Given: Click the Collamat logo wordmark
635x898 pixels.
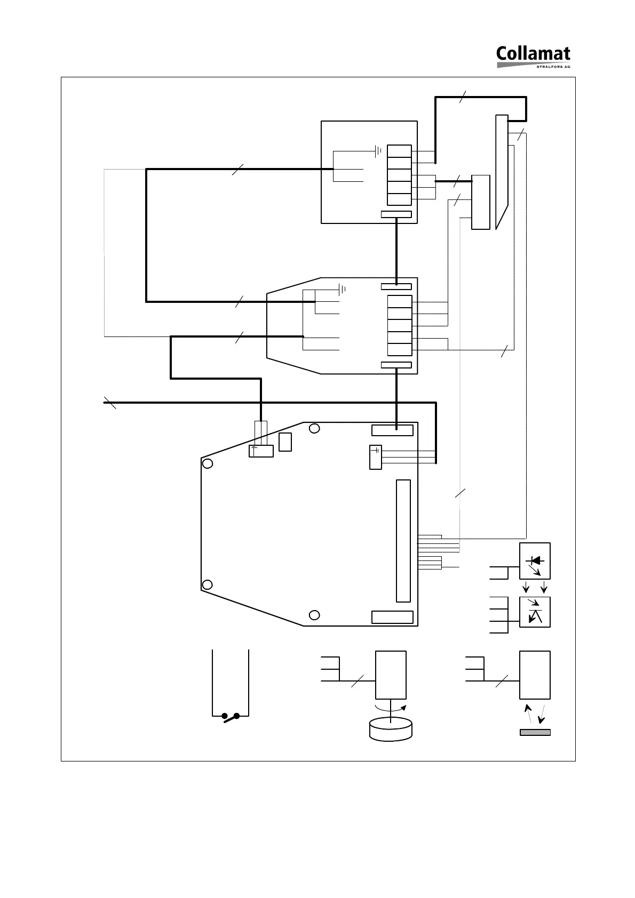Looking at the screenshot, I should [533, 54].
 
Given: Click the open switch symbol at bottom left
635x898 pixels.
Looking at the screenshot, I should [231, 717].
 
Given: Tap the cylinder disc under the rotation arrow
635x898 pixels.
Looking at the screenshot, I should [391, 729].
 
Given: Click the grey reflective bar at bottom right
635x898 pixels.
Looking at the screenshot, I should [535, 732].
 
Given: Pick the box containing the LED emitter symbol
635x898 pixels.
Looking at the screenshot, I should [535, 561].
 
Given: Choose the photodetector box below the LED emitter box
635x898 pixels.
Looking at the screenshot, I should [535, 612].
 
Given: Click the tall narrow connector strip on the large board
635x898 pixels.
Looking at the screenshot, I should [403, 541].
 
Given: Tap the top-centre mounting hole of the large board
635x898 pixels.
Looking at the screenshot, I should [315, 428].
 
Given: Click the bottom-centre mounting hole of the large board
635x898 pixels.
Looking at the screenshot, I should [315, 615].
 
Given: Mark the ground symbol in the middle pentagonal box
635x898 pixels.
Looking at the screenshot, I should [342, 290].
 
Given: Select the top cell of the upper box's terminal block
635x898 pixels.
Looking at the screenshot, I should [399, 151].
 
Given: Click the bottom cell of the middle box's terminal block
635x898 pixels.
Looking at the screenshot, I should [399, 350].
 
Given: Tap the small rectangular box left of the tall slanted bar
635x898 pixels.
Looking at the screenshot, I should [481, 202].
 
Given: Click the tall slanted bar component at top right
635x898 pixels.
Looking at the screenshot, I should [502, 171].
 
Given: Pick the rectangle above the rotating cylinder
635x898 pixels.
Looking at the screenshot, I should [391, 675].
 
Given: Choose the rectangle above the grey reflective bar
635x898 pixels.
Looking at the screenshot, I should [535, 675].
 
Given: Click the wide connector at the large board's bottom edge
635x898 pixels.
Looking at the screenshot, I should [392, 617].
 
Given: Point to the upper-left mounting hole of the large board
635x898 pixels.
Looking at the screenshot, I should [208, 463].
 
